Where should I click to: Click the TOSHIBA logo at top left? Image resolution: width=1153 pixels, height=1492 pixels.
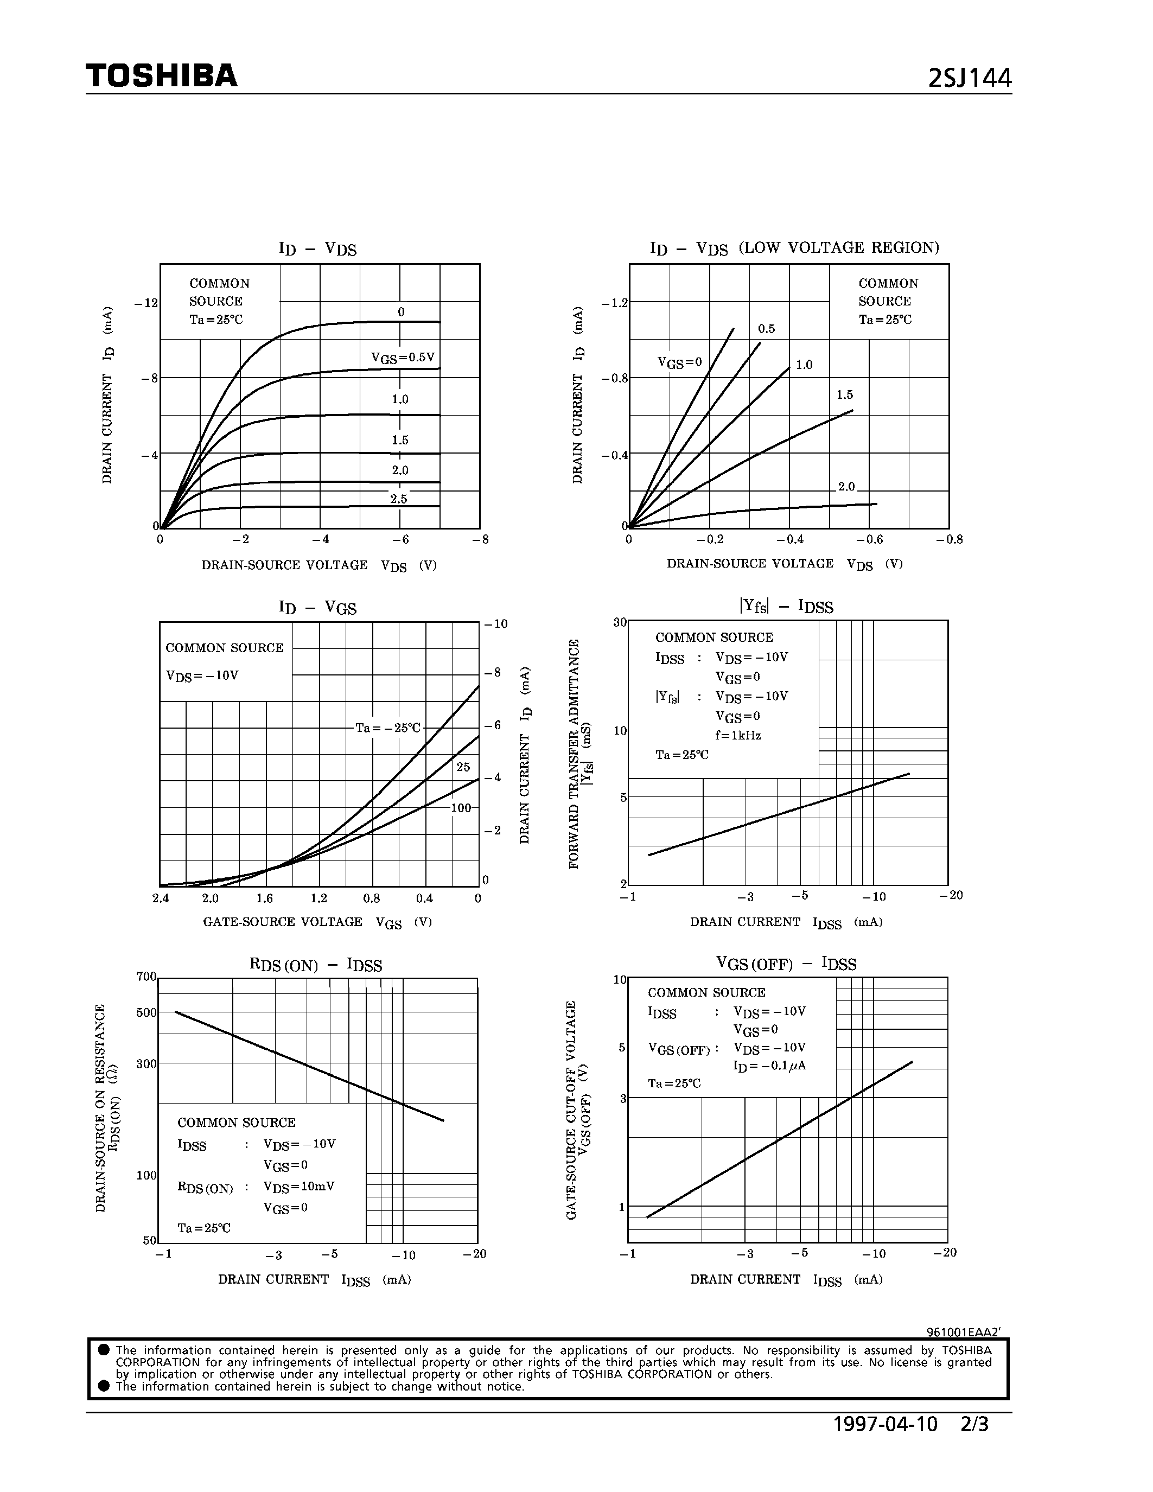point(161,75)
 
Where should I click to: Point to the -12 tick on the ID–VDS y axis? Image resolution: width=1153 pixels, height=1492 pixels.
point(146,303)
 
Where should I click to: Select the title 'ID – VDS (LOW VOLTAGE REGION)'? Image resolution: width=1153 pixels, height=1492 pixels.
point(794,248)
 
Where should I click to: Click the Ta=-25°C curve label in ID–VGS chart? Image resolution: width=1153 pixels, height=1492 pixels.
point(387,728)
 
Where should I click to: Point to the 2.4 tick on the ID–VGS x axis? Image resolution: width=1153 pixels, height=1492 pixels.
point(160,898)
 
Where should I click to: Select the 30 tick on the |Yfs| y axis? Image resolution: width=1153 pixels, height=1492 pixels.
point(620,622)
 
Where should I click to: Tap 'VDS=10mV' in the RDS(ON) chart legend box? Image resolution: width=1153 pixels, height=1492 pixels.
point(298,1187)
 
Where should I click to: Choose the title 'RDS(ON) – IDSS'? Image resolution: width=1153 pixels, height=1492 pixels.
point(316,965)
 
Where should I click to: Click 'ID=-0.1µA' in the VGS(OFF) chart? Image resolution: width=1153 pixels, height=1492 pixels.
point(769,1066)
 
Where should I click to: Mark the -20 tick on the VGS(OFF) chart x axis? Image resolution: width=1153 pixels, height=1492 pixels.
point(945,1252)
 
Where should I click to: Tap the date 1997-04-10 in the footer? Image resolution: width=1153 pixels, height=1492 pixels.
point(886,1424)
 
